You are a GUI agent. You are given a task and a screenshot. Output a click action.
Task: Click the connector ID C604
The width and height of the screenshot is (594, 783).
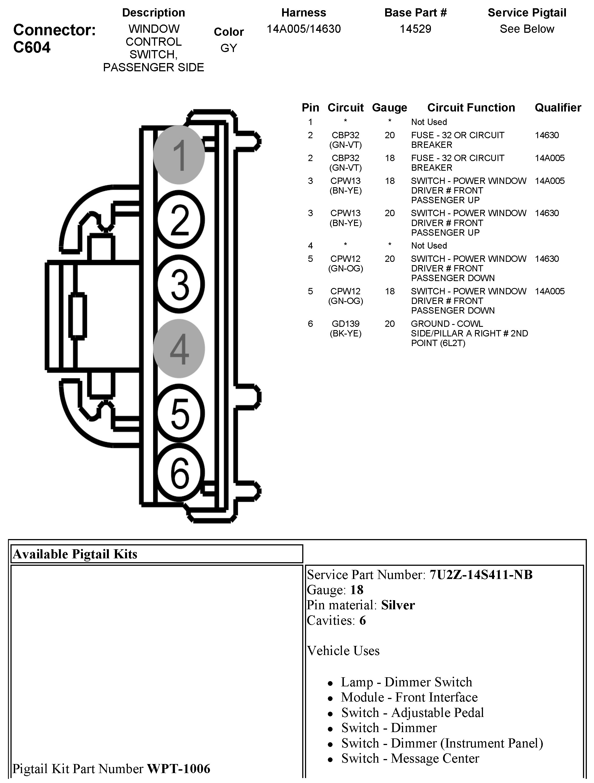32,47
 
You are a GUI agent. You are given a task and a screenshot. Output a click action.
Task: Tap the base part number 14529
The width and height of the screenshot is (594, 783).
415,29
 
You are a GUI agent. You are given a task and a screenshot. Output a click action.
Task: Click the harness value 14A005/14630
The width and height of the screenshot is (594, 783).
304,29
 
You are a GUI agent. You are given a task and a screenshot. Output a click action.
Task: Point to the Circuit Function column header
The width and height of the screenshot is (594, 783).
471,108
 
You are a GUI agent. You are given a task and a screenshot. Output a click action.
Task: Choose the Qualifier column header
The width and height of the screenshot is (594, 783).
558,108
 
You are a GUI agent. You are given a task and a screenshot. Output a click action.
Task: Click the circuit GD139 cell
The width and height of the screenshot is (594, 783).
345,323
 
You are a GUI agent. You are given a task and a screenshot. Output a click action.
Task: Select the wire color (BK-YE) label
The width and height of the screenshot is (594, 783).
345,333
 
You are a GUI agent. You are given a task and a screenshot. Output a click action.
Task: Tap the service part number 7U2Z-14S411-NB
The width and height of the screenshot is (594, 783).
481,575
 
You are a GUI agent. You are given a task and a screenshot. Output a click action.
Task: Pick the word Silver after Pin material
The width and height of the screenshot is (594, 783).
398,606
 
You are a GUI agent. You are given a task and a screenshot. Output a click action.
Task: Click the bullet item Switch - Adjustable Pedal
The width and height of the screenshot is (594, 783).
412,713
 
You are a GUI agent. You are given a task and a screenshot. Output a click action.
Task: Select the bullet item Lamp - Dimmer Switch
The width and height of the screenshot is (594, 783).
406,682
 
